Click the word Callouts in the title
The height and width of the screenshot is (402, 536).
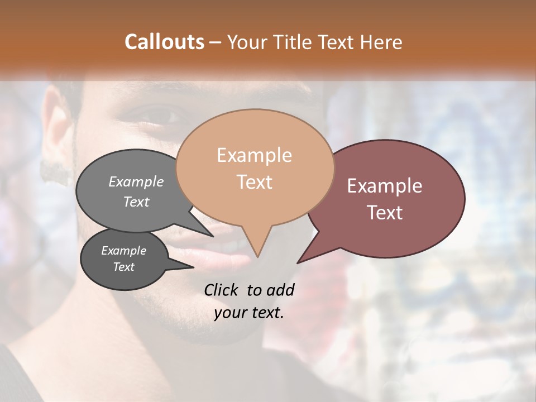[164, 42]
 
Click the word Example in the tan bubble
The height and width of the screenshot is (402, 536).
[254, 155]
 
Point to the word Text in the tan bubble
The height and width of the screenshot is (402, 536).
[254, 182]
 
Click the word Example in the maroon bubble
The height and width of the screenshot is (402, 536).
[385, 186]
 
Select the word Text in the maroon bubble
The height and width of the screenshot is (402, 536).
[385, 213]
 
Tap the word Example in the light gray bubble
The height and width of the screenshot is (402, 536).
[136, 181]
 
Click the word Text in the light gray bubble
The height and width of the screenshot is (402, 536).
[136, 202]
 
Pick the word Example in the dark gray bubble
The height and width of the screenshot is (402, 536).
[123, 251]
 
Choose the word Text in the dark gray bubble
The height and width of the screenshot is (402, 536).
[123, 267]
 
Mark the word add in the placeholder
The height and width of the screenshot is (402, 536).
[280, 290]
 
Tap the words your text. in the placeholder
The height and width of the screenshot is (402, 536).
[249, 313]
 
